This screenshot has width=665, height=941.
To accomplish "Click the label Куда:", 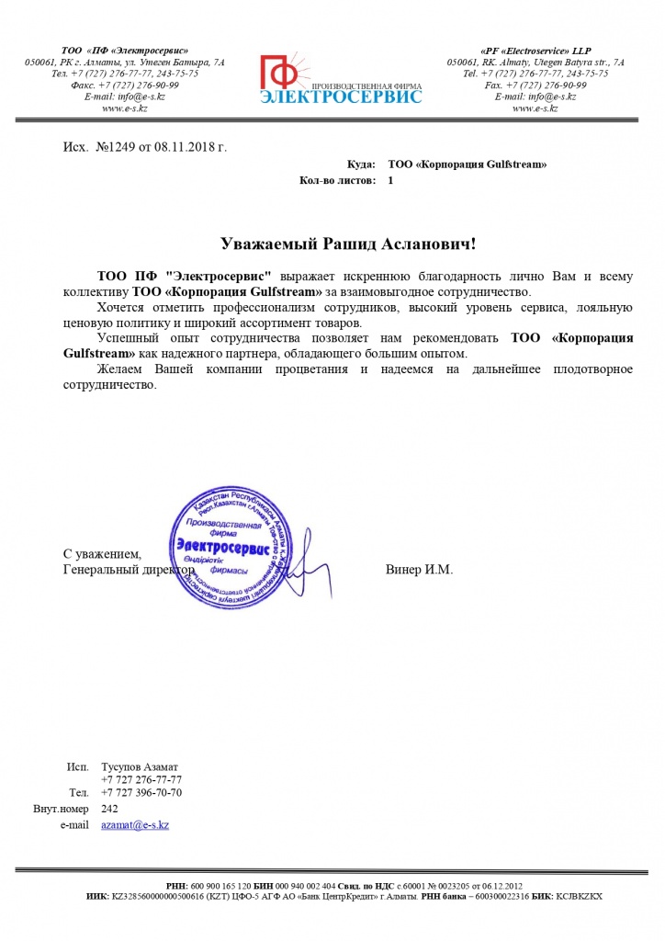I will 360,164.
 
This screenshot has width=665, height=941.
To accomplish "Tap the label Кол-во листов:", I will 337,181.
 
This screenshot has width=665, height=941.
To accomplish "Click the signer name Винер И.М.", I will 419,570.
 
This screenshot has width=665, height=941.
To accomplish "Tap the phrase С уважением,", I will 102,554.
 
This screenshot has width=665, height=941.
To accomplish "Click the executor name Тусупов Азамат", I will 140,766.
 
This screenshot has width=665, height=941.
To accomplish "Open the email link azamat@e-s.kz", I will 135,825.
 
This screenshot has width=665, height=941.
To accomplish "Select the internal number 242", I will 109,809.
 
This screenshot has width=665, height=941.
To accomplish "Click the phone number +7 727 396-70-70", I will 141,792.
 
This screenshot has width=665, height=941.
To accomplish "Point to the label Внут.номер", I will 61,809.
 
